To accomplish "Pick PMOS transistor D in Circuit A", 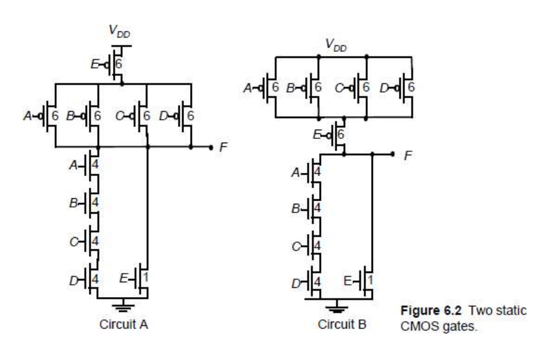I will (x=185, y=116).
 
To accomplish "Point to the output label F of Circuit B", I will (x=406, y=156).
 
